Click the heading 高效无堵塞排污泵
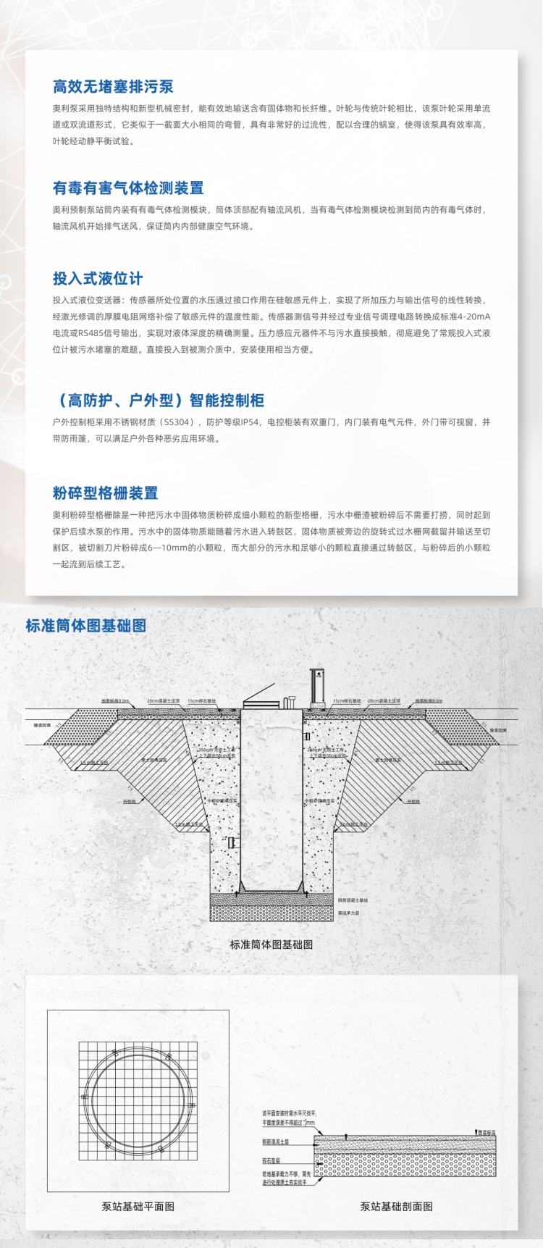pos(113,87)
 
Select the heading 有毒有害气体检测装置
pos(128,188)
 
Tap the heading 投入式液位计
pos(98,279)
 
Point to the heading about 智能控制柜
pos(159,401)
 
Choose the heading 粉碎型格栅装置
pos(106,493)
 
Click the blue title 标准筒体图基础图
pos(86,626)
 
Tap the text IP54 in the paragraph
pos(249,422)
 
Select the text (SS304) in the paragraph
pos(177,422)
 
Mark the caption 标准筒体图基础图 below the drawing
pos(271,945)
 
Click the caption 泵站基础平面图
pos(138,1207)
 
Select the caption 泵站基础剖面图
pos(397,1207)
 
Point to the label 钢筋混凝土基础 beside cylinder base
pos(353,900)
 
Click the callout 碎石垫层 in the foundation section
pos(271,1160)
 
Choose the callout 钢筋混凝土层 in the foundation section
pos(275,1142)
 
